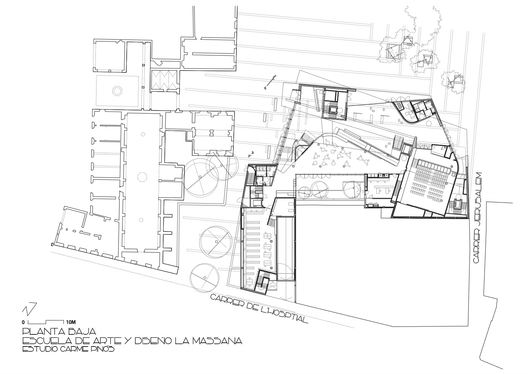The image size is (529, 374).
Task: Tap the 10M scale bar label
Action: coord(71,322)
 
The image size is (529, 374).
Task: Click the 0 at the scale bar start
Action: coord(23,322)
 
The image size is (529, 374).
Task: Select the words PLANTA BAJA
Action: coord(59,331)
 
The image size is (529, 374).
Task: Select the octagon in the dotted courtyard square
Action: coord(117,90)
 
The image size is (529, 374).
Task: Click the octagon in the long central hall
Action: coord(143,176)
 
